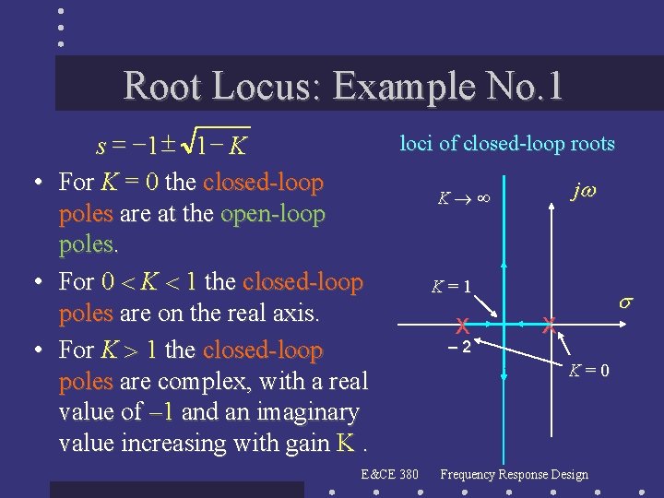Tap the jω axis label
tap(584, 191)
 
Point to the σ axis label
tap(624, 302)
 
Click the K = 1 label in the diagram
tap(452, 287)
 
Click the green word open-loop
tap(273, 214)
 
